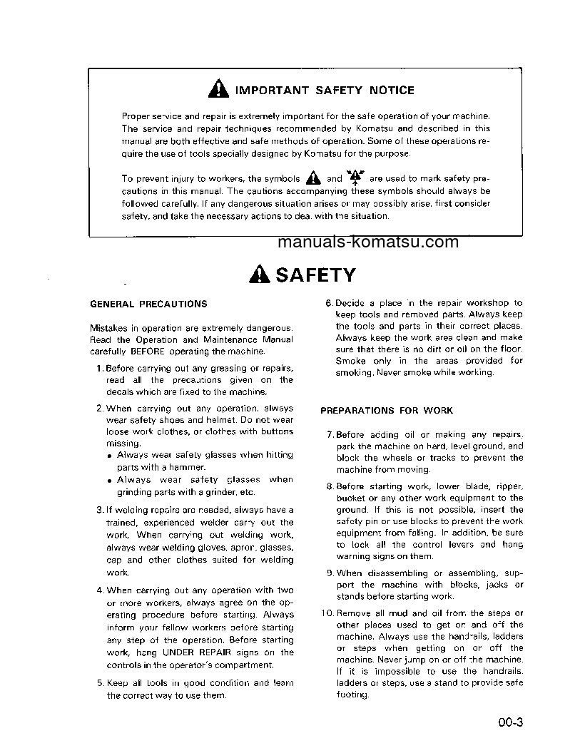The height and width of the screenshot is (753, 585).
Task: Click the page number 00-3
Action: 511,722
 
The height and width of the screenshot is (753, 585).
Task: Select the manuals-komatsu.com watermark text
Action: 368,242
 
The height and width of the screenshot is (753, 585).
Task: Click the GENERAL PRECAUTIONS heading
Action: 148,304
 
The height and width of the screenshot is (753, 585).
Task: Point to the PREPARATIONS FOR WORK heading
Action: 386,411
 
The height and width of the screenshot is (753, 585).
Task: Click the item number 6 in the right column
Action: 329,303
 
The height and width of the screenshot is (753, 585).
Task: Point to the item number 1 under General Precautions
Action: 98,368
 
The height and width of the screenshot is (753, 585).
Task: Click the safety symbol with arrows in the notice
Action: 355,178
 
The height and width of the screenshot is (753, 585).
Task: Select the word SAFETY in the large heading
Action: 315,275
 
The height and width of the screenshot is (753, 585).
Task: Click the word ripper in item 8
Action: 509,486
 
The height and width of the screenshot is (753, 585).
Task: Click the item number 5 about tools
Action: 100,683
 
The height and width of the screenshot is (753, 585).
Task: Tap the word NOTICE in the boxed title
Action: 391,91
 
